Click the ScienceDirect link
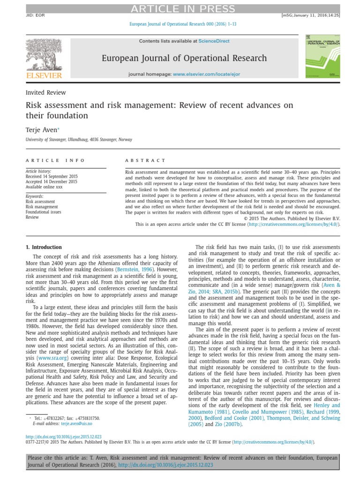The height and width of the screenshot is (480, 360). [214, 41]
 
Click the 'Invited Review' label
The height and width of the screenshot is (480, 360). [45, 92]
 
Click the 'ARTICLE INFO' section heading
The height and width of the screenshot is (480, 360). [55, 160]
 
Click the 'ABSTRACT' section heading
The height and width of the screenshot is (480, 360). [145, 160]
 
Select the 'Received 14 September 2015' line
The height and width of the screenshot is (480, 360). [52, 176]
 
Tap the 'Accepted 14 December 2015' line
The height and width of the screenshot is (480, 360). [52, 181]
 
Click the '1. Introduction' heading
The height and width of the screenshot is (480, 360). [44, 247]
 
